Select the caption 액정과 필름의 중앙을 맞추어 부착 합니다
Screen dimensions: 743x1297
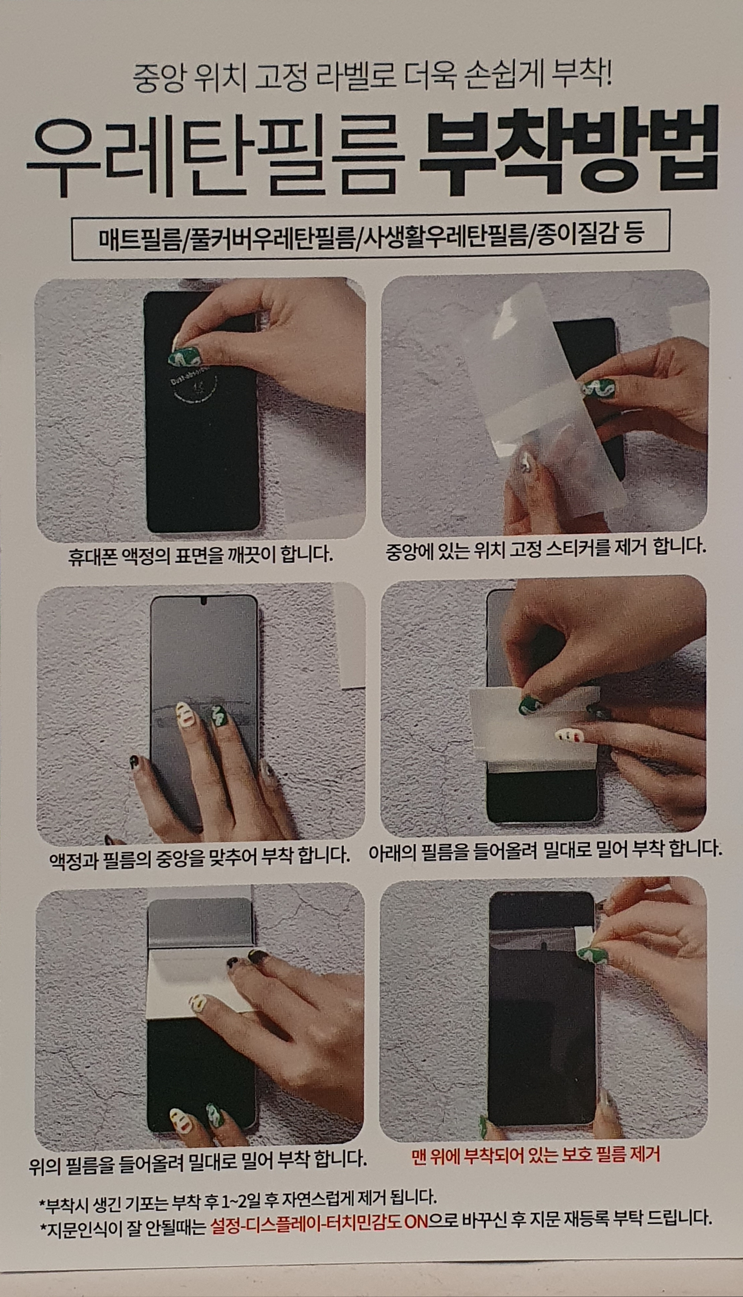tap(199, 854)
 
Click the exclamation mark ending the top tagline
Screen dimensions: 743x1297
tap(608, 77)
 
